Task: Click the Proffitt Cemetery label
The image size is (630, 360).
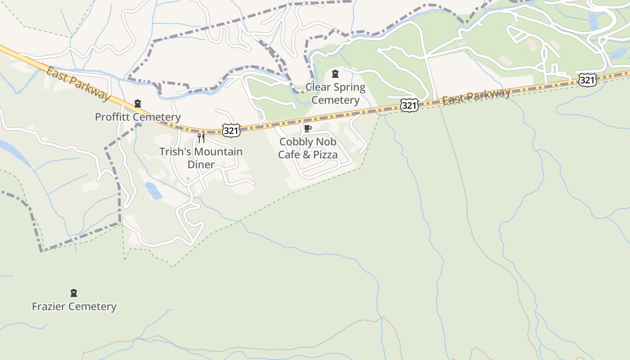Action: coord(138,117)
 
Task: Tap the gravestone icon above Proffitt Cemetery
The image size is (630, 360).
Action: coord(138,104)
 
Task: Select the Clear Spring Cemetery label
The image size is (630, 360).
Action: coord(335,94)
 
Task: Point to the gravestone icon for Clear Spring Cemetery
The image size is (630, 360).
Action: coord(335,74)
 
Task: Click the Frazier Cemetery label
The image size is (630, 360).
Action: coord(74,306)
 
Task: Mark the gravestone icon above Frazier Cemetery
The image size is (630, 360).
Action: coord(74,293)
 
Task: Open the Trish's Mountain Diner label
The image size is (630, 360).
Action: coord(201,158)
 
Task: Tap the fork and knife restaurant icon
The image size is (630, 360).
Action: coord(201,138)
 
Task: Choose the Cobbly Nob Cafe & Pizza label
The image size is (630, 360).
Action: coord(308,148)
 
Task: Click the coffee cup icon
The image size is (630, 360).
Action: coord(308,128)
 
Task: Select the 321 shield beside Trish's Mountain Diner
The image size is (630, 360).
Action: coord(231,130)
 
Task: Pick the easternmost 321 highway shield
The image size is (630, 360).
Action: coord(588,80)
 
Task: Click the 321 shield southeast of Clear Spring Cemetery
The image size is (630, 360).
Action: coord(409,106)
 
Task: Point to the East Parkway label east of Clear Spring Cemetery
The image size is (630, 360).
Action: coord(476,96)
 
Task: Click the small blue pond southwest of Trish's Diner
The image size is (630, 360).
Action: coord(153,191)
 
